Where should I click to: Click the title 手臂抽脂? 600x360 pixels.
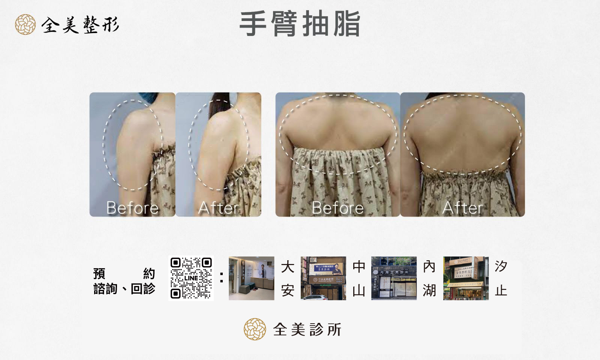300,24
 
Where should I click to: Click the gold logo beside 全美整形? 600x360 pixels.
25,25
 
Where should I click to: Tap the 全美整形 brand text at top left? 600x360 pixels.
80,25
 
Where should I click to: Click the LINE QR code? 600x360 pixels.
191,278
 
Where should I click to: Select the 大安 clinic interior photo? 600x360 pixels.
251,278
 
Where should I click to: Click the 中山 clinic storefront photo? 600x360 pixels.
323,278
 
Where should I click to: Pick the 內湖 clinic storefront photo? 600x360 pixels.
394,278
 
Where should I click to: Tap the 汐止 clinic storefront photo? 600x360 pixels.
466,278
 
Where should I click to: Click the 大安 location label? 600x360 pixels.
288,278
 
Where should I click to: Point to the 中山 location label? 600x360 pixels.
359,278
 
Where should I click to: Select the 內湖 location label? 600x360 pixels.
429,278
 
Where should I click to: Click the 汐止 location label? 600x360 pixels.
501,278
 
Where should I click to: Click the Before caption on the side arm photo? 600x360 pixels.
132,208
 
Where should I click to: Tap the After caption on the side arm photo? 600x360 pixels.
218,208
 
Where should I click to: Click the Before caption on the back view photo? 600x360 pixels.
337,208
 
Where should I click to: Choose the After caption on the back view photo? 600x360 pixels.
462,208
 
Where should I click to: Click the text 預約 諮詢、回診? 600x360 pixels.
124,281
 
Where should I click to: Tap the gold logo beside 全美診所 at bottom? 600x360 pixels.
255,329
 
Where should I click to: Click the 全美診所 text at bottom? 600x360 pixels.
307,330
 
